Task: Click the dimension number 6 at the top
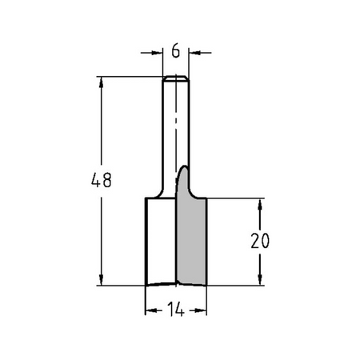(176, 50)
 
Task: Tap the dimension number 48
(102, 180)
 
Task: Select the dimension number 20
(260, 241)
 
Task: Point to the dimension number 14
(176, 310)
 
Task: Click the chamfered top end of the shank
(176, 78)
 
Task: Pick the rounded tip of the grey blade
(185, 167)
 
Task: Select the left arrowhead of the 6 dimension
(157, 53)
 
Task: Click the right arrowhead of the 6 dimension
(194, 53)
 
